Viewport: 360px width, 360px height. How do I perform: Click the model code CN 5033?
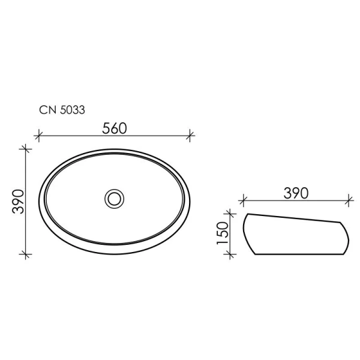[61, 110]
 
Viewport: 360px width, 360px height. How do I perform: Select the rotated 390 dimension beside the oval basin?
[17, 201]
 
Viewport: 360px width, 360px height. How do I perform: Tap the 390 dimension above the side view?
[295, 193]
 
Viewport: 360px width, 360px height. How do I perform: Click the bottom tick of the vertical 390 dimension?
[25, 255]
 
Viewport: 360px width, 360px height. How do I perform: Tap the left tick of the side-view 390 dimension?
[242, 200]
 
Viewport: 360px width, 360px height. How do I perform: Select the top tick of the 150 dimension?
[230, 212]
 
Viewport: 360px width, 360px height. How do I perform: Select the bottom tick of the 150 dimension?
[230, 254]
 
